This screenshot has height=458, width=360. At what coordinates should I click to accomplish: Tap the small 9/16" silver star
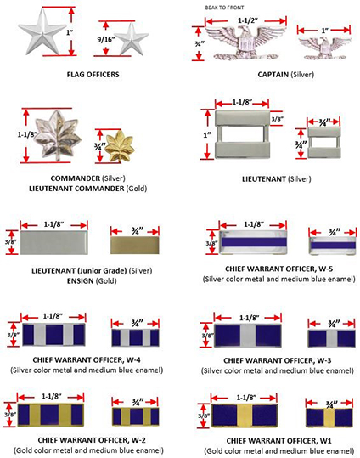pos(132,39)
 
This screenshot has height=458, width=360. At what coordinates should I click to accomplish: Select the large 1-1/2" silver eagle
pos(245,42)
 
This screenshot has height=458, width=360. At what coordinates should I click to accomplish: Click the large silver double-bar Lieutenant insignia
pos(242,135)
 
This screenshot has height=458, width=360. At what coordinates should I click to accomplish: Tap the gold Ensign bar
pos(135,245)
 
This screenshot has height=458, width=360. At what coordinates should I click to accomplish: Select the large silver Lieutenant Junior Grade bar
pos(54,242)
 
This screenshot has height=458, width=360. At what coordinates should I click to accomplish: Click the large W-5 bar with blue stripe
pos(253,242)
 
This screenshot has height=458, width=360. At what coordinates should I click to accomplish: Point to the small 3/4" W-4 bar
pos(136,337)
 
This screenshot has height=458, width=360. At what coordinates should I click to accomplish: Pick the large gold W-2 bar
pos(50,415)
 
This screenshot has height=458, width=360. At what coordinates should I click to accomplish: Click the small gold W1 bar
pos(330,417)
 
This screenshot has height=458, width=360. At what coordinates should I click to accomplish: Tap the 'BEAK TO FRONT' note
pos(224,8)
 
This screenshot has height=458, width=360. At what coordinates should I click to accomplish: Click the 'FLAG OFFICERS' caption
pos(93,75)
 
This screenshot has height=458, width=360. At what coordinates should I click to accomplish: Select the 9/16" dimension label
pos(105,39)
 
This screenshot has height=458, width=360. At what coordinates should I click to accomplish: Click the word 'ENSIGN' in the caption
pos(81,281)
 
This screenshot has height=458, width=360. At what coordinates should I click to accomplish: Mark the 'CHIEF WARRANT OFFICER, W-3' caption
pos(278,361)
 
